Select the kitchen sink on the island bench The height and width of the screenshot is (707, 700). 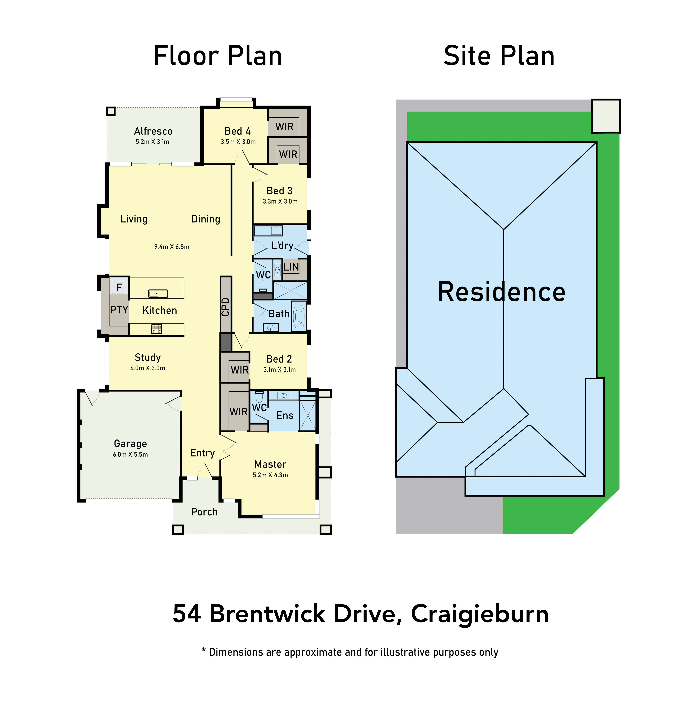(x=158, y=293)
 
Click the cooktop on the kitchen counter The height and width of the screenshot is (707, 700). (x=157, y=329)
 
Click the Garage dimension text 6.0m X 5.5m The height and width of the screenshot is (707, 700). (x=130, y=455)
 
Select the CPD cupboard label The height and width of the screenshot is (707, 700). (x=226, y=307)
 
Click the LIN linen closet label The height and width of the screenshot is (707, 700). (x=291, y=267)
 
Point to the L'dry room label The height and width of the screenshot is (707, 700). (x=282, y=245)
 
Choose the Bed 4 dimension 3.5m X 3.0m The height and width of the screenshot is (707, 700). (x=238, y=142)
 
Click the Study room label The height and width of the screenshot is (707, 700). (x=148, y=358)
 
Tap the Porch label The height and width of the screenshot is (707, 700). (x=204, y=512)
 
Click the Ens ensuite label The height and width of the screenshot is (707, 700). (x=285, y=415)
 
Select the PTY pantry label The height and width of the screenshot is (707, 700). (x=119, y=310)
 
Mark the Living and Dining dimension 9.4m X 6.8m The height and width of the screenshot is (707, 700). (x=172, y=247)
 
